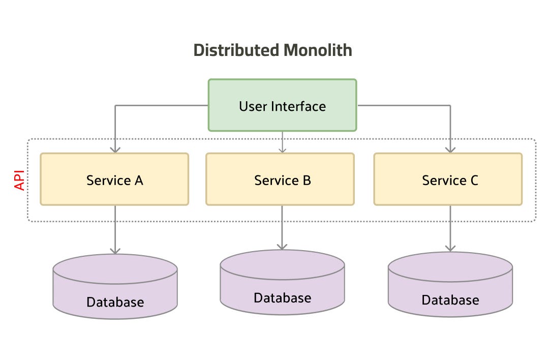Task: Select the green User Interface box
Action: coord(282,105)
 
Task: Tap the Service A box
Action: coord(114,179)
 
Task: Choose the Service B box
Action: coord(280,179)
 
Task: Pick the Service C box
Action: coord(448,179)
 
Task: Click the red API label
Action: coord(20,181)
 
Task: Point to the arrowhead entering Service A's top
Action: coord(115,149)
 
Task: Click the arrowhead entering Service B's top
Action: coord(283,149)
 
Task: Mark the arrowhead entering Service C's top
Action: coord(450,149)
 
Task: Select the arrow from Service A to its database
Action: coord(115,229)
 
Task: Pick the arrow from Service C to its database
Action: coord(450,228)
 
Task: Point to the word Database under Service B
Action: coord(282,297)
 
